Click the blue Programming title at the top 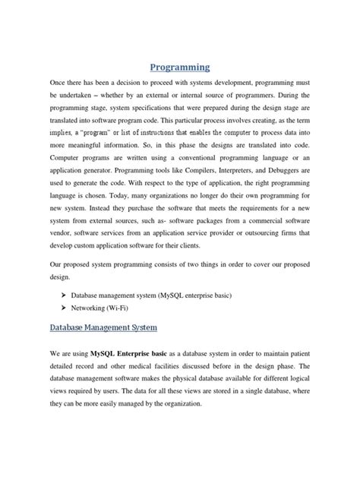pyautogui.click(x=179, y=66)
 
